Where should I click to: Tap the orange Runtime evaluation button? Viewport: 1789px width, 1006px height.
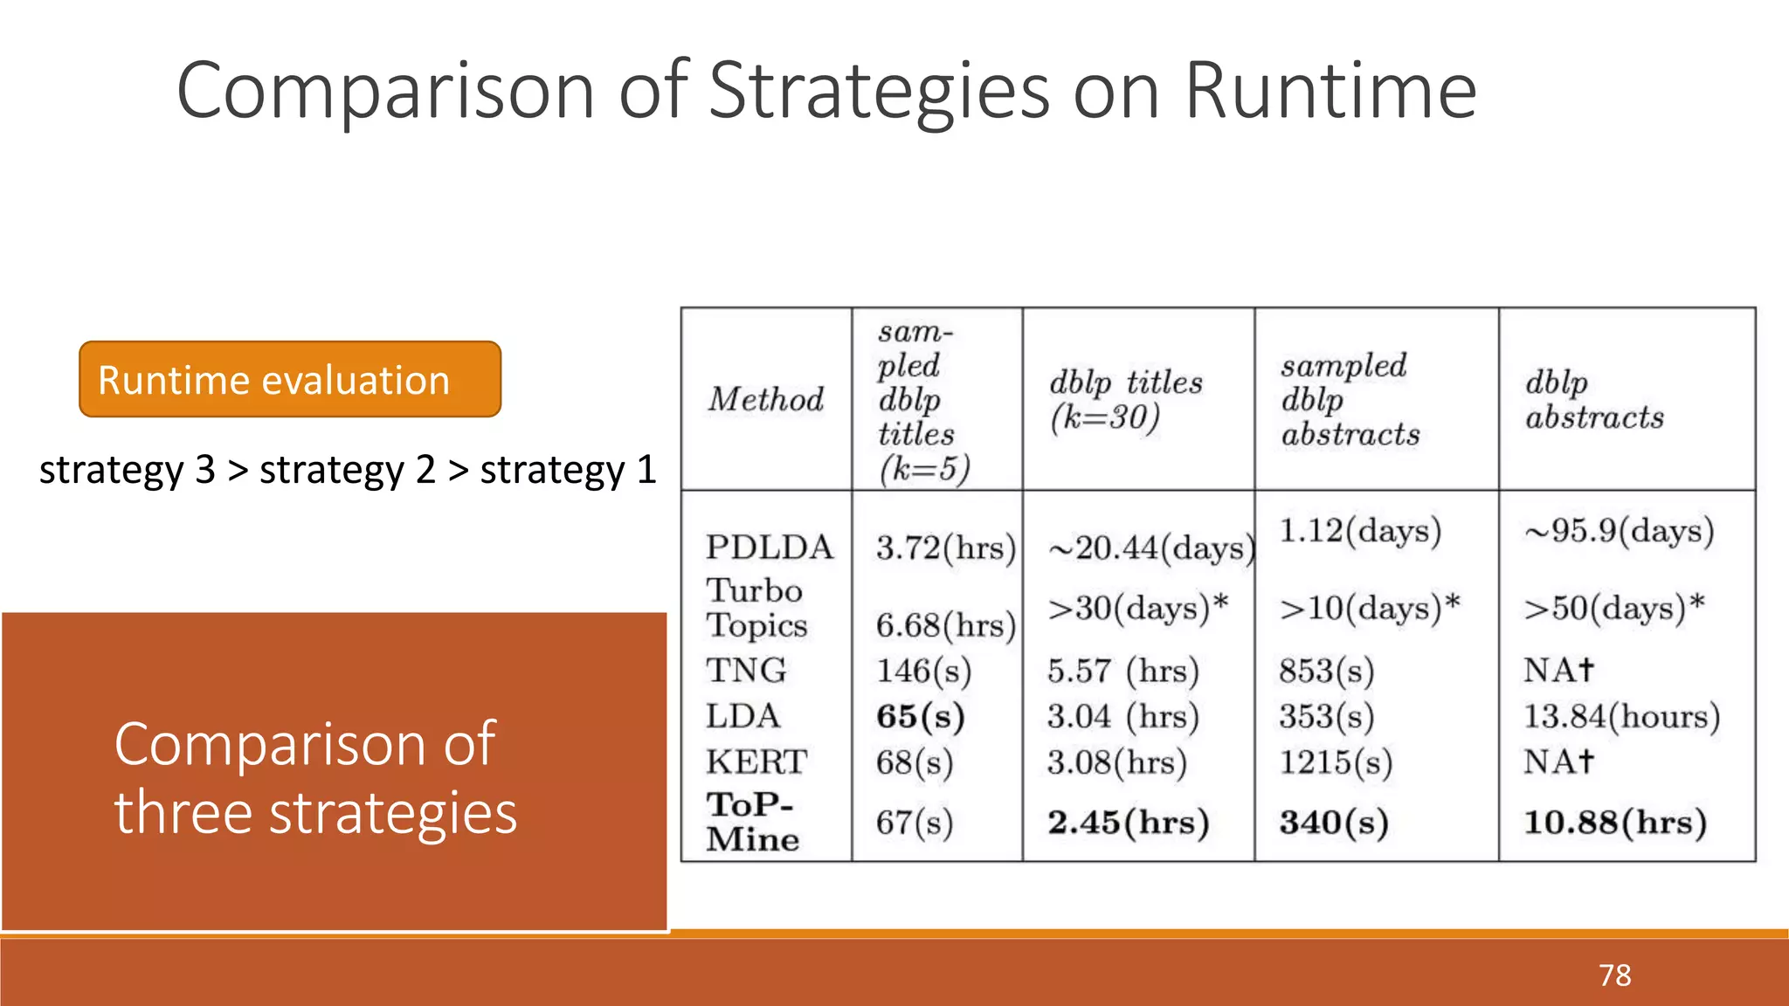click(x=290, y=380)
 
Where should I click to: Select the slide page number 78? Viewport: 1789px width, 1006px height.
click(x=1614, y=975)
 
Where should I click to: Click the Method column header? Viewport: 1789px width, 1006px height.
click(x=765, y=400)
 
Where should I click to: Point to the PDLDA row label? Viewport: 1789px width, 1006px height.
click(x=769, y=548)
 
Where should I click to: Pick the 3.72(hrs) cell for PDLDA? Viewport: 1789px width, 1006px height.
click(x=945, y=548)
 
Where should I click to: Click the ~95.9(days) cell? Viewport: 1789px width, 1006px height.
click(x=1619, y=531)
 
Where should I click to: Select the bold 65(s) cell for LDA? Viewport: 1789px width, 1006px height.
click(x=920, y=716)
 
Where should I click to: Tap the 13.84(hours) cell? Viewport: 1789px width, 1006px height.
click(x=1621, y=716)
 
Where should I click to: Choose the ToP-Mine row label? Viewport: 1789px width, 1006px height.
click(x=752, y=822)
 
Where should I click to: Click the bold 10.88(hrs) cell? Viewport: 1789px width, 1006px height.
click(x=1614, y=822)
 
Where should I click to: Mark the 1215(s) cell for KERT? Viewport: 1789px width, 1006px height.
click(x=1335, y=762)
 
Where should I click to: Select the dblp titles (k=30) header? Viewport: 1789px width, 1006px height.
click(x=1125, y=400)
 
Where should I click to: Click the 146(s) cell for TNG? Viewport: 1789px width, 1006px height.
click(x=923, y=671)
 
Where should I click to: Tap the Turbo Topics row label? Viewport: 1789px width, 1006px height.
click(x=756, y=608)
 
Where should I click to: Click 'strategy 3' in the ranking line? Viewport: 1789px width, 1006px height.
click(x=128, y=471)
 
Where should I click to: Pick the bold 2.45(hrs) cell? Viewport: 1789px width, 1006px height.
click(x=1128, y=822)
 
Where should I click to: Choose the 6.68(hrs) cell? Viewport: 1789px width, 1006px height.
click(x=945, y=625)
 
